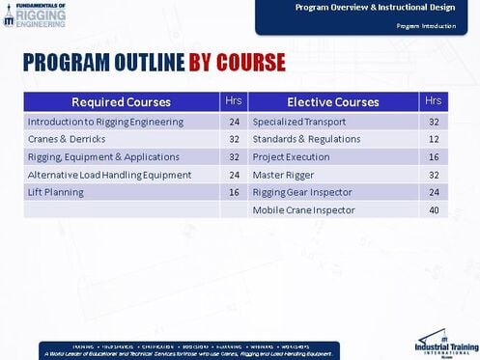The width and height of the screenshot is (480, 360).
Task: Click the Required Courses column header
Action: pyautogui.click(x=121, y=102)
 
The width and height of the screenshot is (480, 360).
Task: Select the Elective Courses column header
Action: pyautogui.click(x=332, y=102)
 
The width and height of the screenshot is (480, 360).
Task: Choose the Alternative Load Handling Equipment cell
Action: pyautogui.click(x=109, y=175)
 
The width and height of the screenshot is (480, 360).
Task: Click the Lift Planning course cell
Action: pyautogui.click(x=56, y=192)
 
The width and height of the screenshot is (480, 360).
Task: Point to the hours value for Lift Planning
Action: pyautogui.click(x=234, y=192)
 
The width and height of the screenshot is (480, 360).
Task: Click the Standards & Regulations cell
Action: pyautogui.click(x=306, y=140)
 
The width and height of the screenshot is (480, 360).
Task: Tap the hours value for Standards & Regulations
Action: pyautogui.click(x=434, y=140)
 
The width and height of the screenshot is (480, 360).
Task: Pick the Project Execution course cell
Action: pyautogui.click(x=292, y=157)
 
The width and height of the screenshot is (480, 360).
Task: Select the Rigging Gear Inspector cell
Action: pyautogui.click(x=302, y=192)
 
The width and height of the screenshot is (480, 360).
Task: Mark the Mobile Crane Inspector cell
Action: pyautogui.click(x=303, y=209)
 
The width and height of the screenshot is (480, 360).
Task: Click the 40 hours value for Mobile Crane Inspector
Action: pyautogui.click(x=434, y=209)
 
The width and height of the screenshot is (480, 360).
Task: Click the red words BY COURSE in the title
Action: pyautogui.click(x=237, y=64)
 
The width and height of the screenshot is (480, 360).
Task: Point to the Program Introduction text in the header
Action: pyautogui.click(x=426, y=26)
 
